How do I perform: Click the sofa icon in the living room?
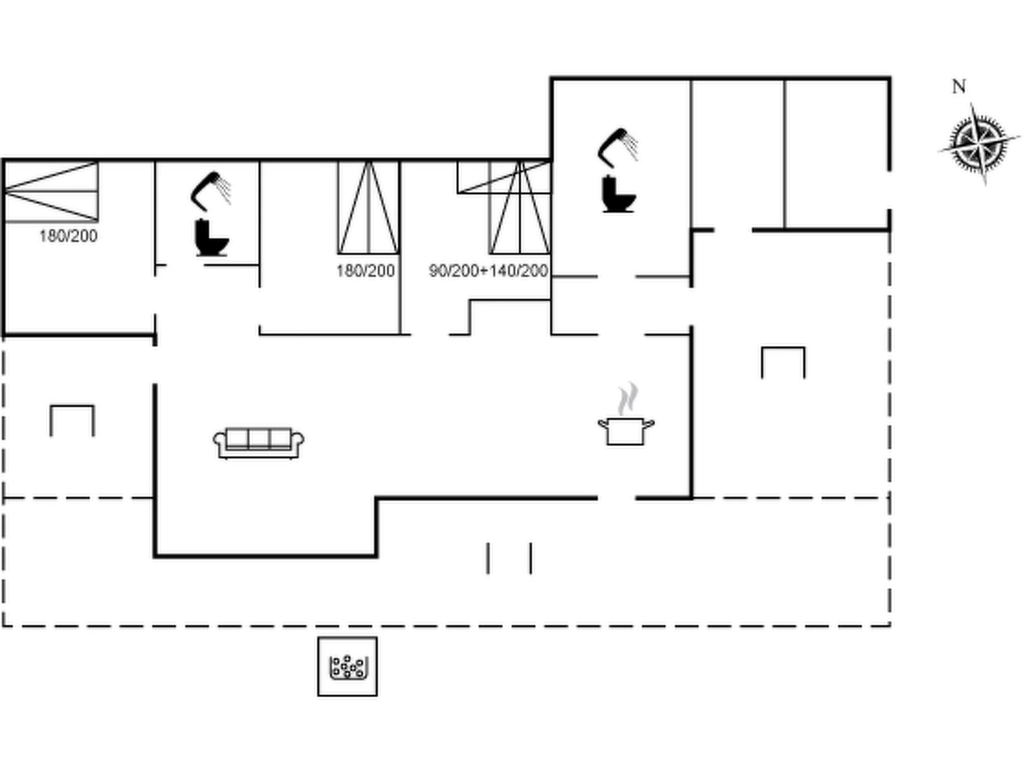click(x=258, y=443)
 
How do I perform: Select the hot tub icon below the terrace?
click(x=348, y=666)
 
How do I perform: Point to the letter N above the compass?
click(x=958, y=87)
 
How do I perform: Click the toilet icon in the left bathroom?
click(x=211, y=238)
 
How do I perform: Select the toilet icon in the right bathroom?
click(x=618, y=194)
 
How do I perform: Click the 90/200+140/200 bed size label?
click(x=488, y=271)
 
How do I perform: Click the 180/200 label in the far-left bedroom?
click(x=68, y=236)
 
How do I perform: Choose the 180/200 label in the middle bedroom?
click(x=366, y=271)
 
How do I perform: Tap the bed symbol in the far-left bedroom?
click(x=51, y=191)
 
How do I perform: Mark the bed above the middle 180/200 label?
click(x=369, y=208)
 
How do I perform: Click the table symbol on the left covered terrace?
click(x=72, y=420)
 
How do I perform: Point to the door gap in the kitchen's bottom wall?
click(x=616, y=498)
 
